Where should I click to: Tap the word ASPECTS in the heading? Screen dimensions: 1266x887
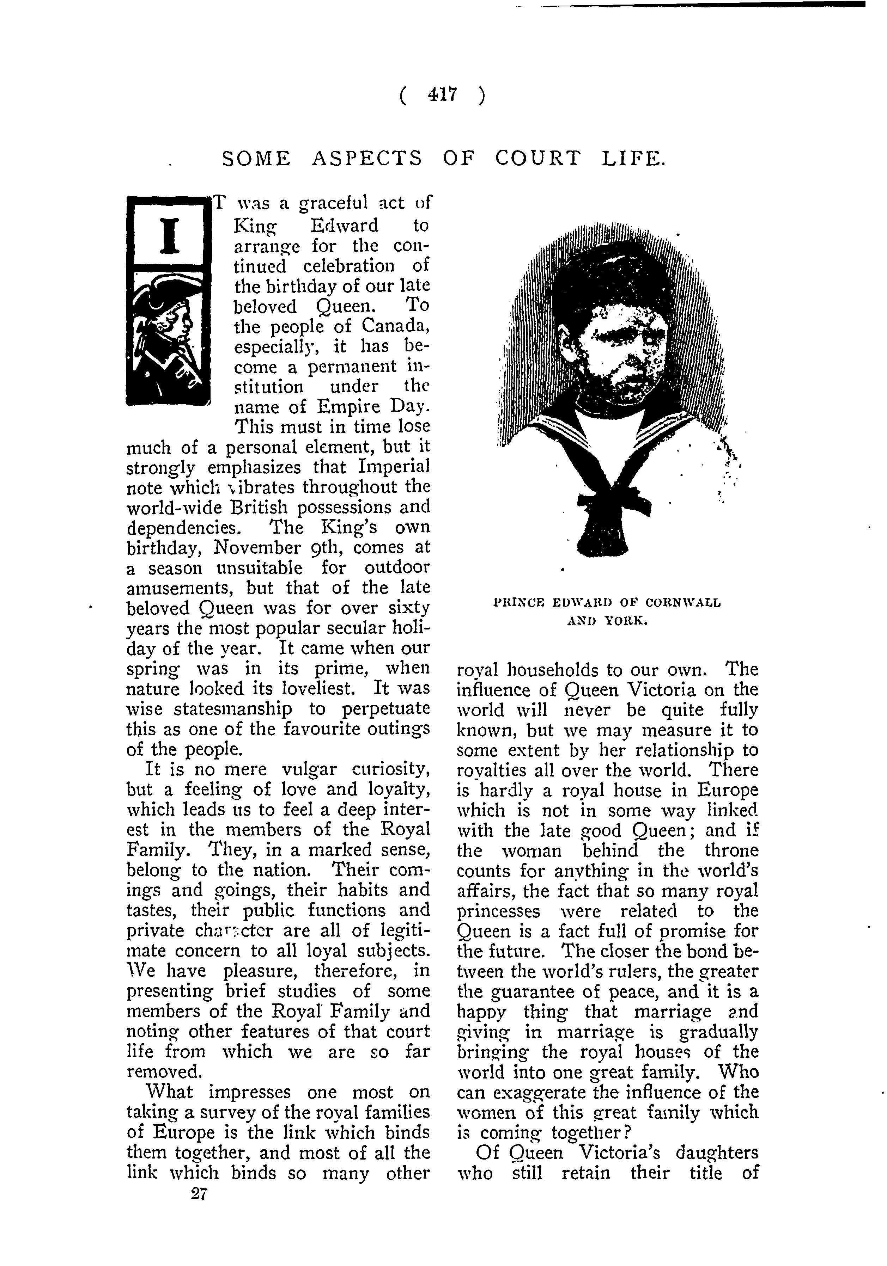pyautogui.click(x=367, y=159)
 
